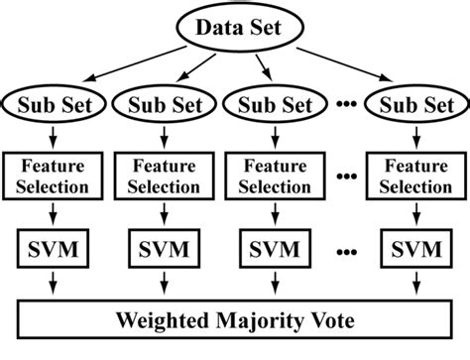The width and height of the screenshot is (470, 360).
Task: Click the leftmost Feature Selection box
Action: point(51,175)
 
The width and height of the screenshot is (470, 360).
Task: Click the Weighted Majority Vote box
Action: point(235,320)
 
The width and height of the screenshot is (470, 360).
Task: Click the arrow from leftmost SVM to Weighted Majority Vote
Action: point(51,286)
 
